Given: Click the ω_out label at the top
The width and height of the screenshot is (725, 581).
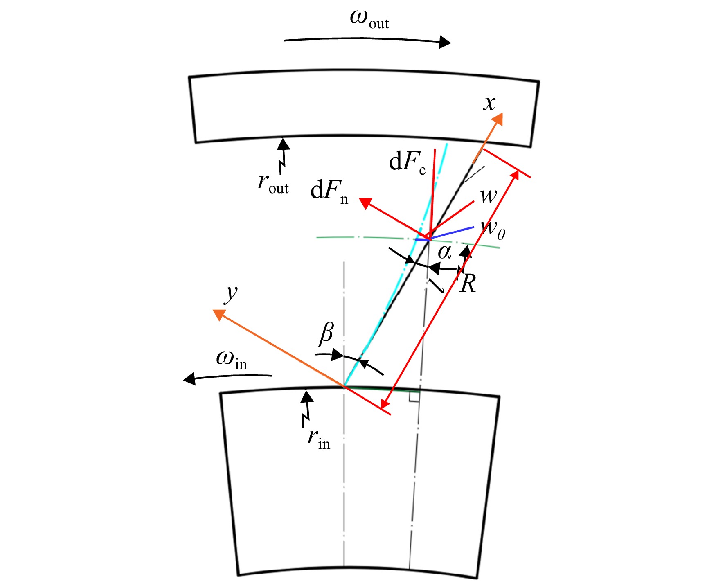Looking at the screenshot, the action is click(x=369, y=20).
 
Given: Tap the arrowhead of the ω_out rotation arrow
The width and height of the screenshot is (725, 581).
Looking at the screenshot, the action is click(x=445, y=42).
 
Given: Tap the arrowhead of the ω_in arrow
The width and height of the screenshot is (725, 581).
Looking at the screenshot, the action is click(x=189, y=379).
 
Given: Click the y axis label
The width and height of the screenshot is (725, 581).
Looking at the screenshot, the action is click(x=231, y=293).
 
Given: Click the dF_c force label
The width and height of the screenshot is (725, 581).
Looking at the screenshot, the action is click(x=408, y=162).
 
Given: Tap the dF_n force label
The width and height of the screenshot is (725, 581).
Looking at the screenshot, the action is click(x=329, y=192).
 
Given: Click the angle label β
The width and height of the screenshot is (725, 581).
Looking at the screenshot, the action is click(x=326, y=332).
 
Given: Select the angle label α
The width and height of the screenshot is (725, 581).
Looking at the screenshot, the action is click(x=444, y=252).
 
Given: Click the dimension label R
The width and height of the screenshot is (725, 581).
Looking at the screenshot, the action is click(x=468, y=283).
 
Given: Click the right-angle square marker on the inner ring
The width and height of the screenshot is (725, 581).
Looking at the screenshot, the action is click(x=414, y=396).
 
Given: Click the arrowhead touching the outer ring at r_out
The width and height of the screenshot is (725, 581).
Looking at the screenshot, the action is click(x=283, y=144).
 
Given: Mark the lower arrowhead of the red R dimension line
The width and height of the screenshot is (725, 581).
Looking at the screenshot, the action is click(x=385, y=403).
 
